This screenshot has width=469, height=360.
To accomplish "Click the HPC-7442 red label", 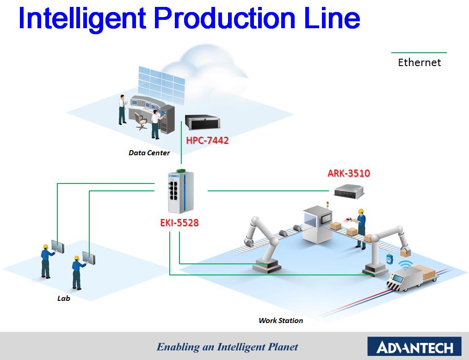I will (x=207, y=140).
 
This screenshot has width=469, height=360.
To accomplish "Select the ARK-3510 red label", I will (x=349, y=174).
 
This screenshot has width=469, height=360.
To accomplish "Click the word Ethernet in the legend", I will (x=420, y=62).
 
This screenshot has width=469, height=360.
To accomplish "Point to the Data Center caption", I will (x=149, y=153).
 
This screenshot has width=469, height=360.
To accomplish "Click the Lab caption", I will (x=64, y=299).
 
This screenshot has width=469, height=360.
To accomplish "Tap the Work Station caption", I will (x=281, y=320).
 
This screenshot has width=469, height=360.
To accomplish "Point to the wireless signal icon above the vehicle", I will (x=406, y=264).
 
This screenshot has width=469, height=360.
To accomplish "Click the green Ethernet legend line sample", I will (x=419, y=53).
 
